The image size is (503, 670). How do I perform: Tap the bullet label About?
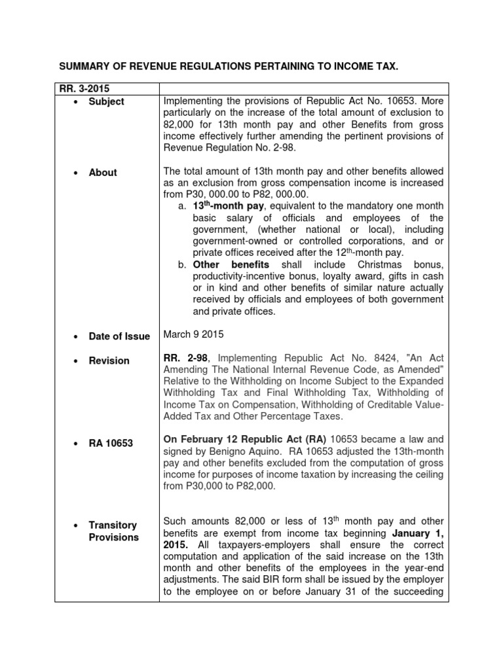(103, 173)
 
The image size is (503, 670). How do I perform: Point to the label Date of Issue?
(119, 336)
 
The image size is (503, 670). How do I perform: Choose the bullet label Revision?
(109, 361)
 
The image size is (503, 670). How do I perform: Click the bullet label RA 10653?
(111, 444)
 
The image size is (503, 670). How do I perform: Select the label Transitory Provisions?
(114, 531)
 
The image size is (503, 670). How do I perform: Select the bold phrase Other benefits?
(231, 265)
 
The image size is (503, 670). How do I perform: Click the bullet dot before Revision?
(77, 361)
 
